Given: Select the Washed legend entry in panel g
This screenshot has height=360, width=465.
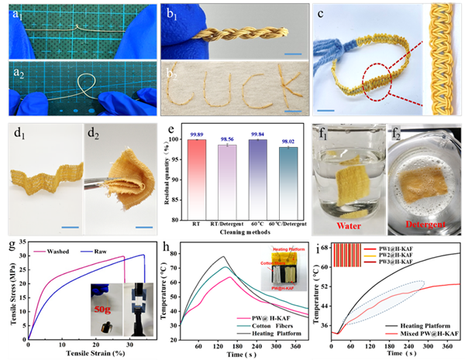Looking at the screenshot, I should [x=47, y=253].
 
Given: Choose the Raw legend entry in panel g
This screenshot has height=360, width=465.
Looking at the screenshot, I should [x=106, y=253].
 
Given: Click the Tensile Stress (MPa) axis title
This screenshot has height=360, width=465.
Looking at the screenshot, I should [x=6, y=287].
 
